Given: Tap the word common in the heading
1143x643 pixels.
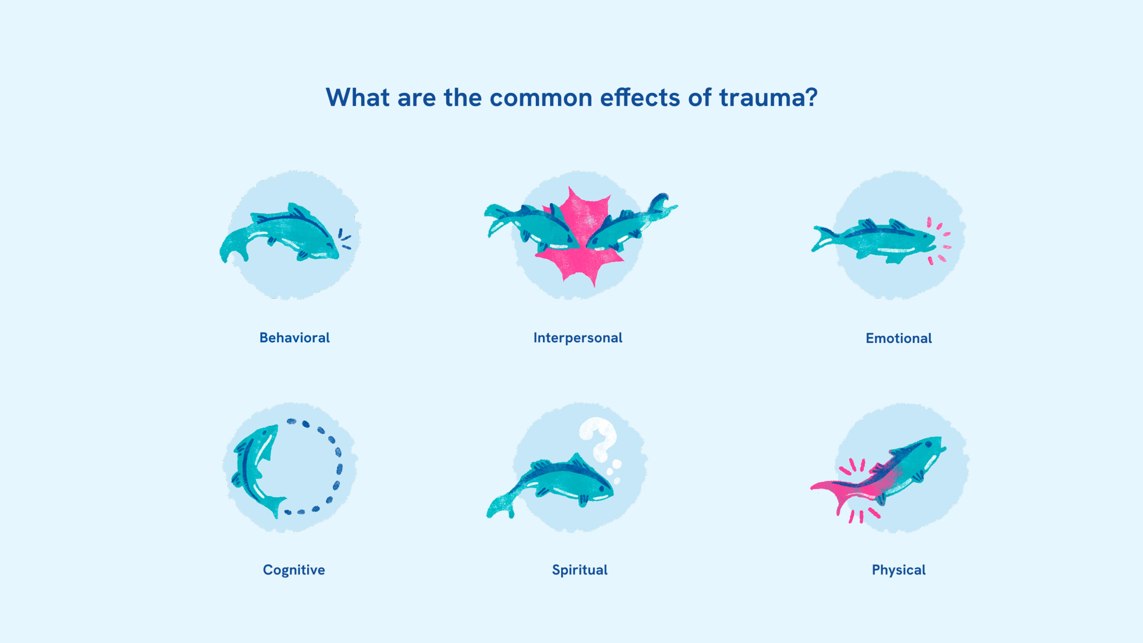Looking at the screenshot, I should (x=541, y=98).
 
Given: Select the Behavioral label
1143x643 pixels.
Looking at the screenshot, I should (x=295, y=338).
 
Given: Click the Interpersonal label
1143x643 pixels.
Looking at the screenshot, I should (x=578, y=338).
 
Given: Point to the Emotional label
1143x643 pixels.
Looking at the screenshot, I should (x=899, y=338).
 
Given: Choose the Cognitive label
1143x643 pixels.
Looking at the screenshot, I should (x=294, y=570).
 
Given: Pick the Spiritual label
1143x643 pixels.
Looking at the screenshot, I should (x=580, y=570).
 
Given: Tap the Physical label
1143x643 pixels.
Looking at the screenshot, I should (x=899, y=570).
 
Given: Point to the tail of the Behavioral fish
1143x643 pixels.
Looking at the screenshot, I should (x=232, y=248).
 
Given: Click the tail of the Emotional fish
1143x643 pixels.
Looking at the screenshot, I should (x=822, y=239).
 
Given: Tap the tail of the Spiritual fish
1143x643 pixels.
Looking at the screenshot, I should (x=500, y=507).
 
